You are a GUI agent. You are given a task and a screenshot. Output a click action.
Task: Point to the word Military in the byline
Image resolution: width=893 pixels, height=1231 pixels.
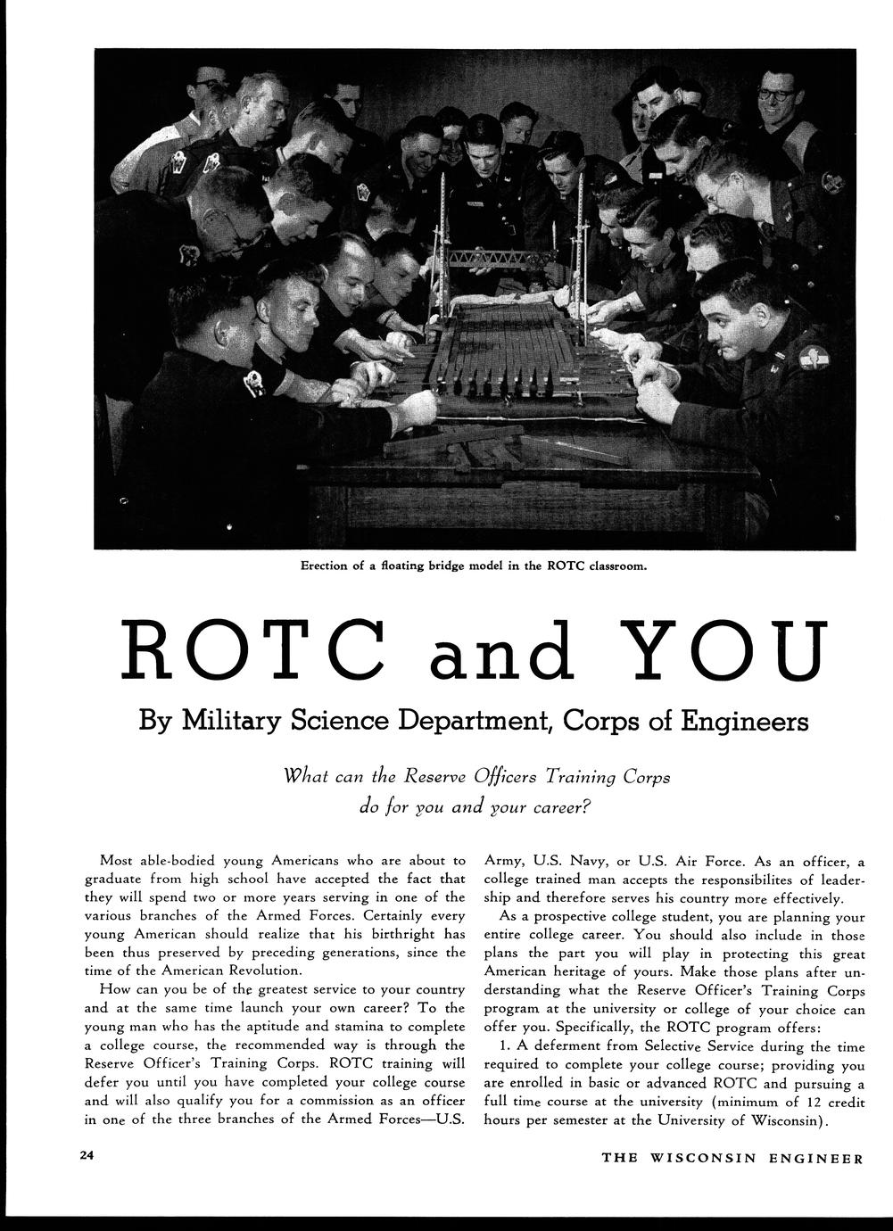(x=227, y=720)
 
